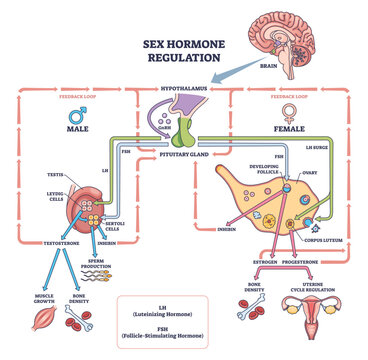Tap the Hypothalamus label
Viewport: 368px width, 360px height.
(x=185, y=90)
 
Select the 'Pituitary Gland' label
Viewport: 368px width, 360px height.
(x=185, y=156)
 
